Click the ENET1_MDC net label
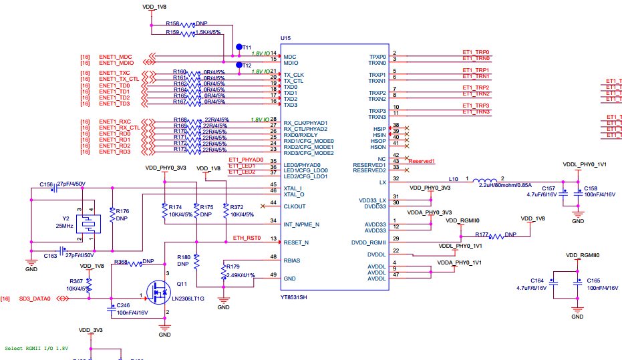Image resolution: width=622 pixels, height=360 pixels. tap(116, 56)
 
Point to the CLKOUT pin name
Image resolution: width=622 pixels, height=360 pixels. tap(295, 206)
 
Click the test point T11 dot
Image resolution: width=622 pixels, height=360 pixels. tap(239, 47)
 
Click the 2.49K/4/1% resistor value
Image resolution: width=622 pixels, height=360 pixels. tap(240, 275)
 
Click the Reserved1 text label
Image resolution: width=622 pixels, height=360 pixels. tap(422, 161)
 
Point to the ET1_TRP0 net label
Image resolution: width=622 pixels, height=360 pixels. tap(476, 51)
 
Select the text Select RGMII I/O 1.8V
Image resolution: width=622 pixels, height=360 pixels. tap(36, 348)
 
